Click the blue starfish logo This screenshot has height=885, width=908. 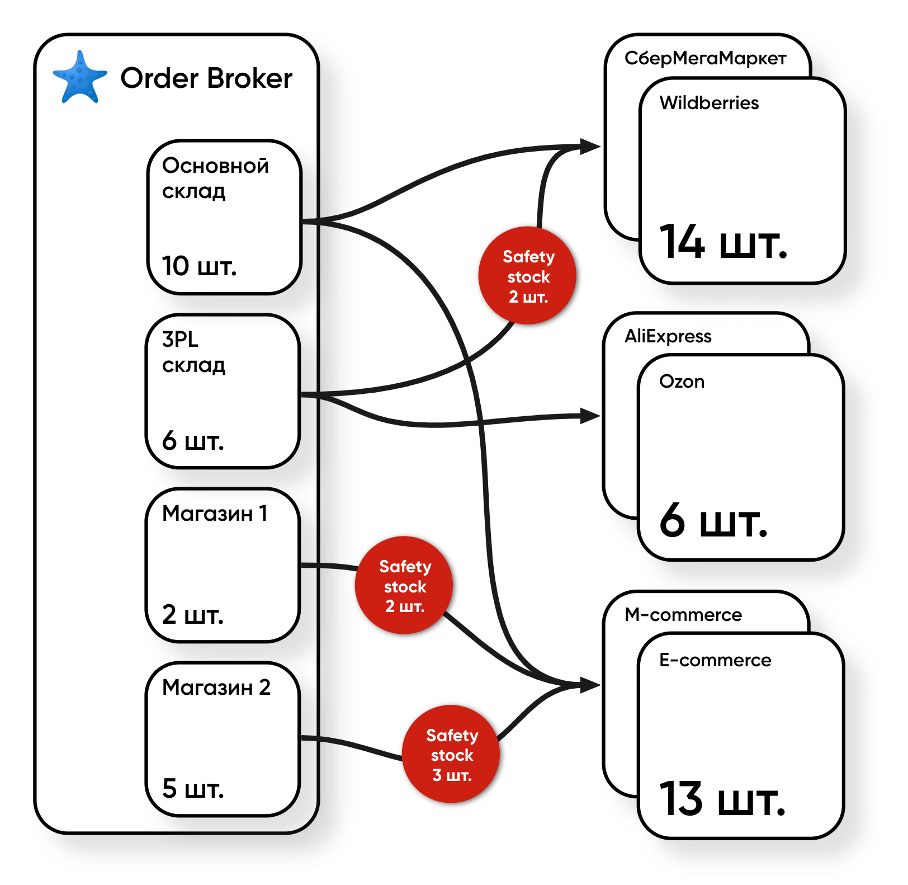tap(79, 78)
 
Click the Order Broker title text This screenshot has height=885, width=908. tap(206, 78)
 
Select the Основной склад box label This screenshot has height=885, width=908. tap(215, 178)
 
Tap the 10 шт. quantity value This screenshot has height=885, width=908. tap(199, 266)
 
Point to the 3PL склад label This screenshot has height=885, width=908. tap(193, 352)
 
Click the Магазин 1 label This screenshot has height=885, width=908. tap(215, 514)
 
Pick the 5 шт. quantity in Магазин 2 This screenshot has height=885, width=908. tap(193, 789)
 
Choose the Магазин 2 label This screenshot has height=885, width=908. tap(216, 688)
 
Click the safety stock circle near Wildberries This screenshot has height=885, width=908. tap(527, 276)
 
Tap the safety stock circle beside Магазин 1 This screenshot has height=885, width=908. tap(404, 586)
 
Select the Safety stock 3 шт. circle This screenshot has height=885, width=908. tap(451, 754)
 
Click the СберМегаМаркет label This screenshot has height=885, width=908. tap(705, 58)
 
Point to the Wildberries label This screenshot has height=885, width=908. tap(709, 103)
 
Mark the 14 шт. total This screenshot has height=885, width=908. tap(723, 243)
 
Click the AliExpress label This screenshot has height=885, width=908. tap(668, 336)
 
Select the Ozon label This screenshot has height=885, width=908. tap(682, 382)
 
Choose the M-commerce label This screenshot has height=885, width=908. tap(683, 615)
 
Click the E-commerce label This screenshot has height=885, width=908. tap(715, 660)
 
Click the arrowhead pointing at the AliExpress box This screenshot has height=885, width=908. tap(590, 416)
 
